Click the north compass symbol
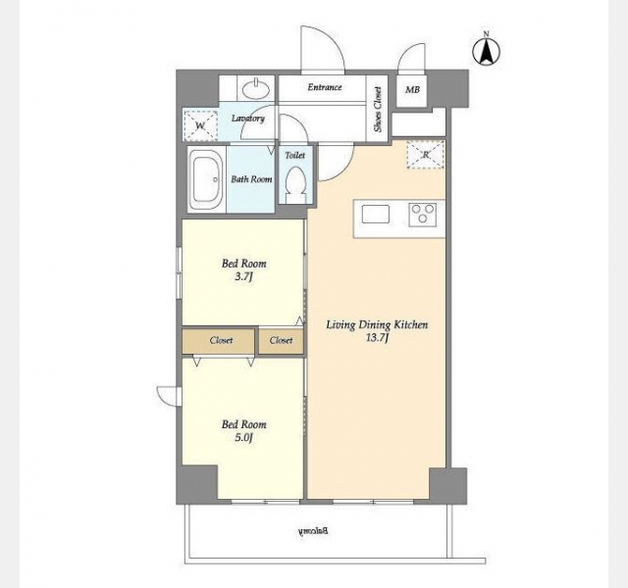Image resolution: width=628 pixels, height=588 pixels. coord(487,51)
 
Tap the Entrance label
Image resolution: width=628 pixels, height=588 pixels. coord(325,87)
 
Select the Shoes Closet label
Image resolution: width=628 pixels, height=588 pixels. coord(377,109)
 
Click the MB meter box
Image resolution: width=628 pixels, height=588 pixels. coord(412,90)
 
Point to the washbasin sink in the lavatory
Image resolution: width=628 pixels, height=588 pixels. coord(256,88)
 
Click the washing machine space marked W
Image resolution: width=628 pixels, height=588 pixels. coord(200,126)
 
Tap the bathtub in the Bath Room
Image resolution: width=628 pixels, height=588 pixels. coord(206,179)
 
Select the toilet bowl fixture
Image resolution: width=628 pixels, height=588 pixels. coord(295,185)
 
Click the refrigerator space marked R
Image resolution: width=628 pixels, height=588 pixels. coord(425,155)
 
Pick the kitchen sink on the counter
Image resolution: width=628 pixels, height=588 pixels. coord(375,215)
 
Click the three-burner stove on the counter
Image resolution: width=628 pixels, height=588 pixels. coord(423,215)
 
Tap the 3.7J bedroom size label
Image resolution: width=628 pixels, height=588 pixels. coord(243,276)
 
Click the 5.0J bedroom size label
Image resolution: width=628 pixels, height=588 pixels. coord(243,438)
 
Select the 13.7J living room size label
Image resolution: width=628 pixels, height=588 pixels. coord(377,338)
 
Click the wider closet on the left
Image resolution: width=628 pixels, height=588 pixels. coord(218,341)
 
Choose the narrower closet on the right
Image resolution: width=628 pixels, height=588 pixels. coord(281,341)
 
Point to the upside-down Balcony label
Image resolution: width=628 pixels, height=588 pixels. coord(314,531)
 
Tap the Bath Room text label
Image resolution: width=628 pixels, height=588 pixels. coord(251,179)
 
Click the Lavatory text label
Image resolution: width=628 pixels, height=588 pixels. coord(248,119)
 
